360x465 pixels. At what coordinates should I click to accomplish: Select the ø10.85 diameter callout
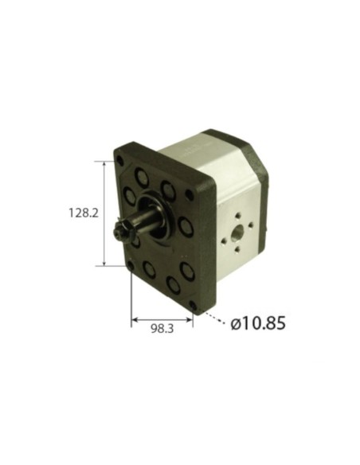tap(257, 325)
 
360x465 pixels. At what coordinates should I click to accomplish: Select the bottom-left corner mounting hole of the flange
tap(131, 265)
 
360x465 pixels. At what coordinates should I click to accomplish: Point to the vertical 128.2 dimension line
tap(105, 213)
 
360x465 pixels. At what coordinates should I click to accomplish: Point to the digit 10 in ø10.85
tap(250, 325)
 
